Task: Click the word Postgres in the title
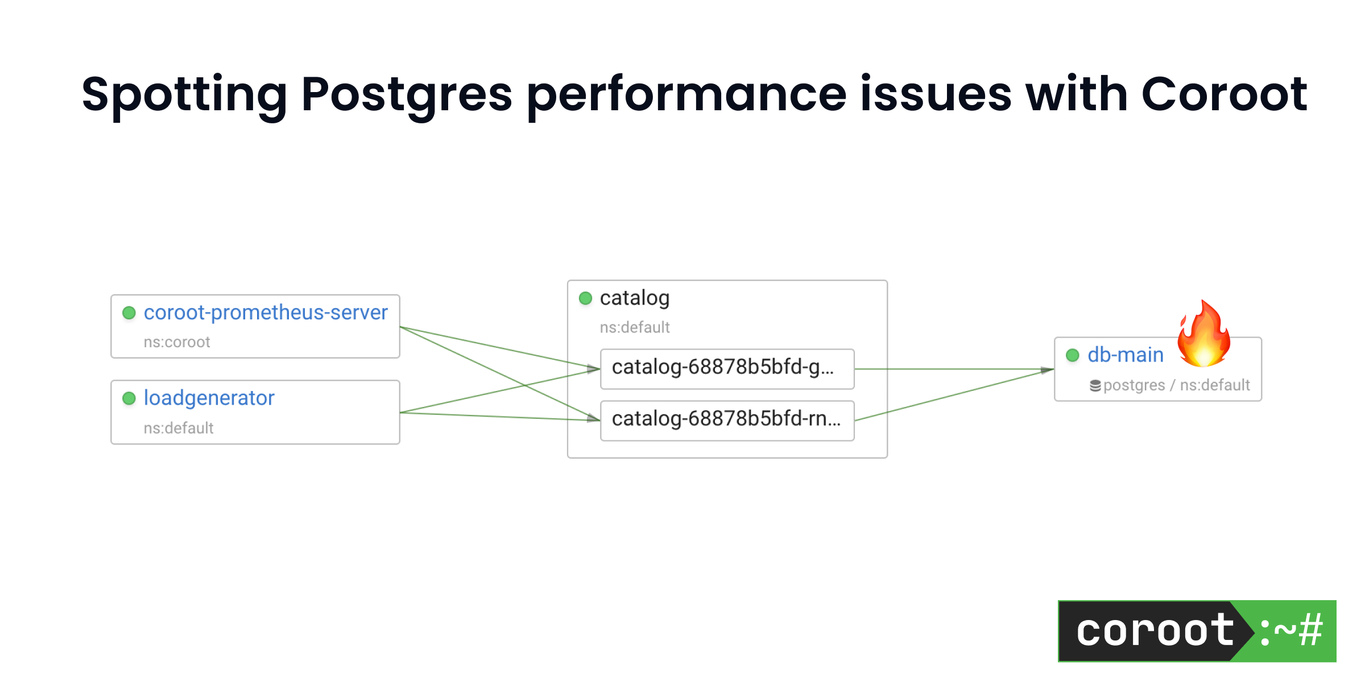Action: (406, 94)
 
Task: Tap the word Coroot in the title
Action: (1224, 94)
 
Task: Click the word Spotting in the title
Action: (184, 94)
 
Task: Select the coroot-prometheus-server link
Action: (265, 313)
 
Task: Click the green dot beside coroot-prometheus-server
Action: (129, 313)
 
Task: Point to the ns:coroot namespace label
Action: (176, 342)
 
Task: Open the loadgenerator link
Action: (209, 398)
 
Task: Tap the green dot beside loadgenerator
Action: (129, 398)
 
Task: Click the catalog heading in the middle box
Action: (634, 298)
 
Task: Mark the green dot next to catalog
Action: (585, 298)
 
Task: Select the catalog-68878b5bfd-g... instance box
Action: (727, 369)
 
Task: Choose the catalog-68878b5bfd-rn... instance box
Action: (727, 421)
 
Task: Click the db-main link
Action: (1125, 355)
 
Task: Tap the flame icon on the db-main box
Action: (1203, 335)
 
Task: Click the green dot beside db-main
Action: (1072, 355)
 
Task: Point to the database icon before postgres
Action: (1095, 386)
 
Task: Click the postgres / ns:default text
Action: (1176, 385)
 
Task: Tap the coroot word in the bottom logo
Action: (1155, 631)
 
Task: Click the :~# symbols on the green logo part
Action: (1291, 631)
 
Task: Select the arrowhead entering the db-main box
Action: (1047, 370)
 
